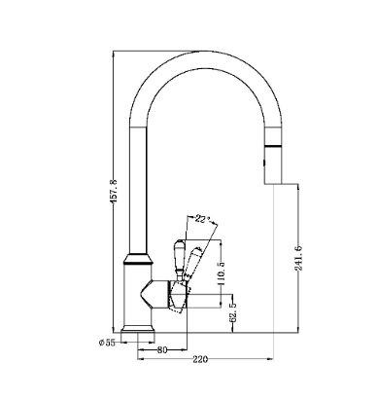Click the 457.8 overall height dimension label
pos(115,191)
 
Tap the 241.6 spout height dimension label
pos(298,258)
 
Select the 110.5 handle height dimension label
pos(222,273)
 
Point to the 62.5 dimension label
pos(232,312)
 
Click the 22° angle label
pos(201,219)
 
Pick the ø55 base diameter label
pos(107,343)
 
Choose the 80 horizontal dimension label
pos(162,350)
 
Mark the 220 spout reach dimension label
pos(200,359)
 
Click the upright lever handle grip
pos(179,256)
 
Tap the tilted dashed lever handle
pos(193,262)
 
